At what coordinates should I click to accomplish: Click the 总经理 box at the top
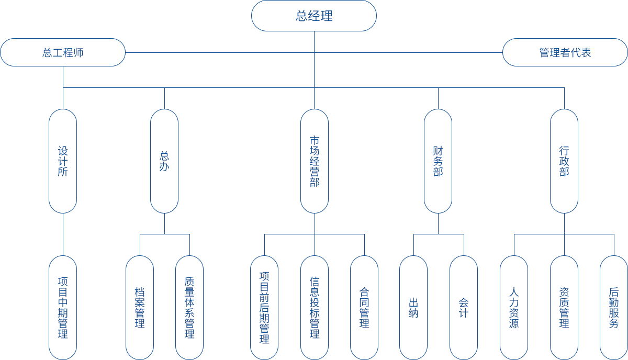click(x=314, y=16)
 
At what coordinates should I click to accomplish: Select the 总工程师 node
click(x=63, y=52)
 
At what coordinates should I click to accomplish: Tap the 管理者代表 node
click(x=565, y=52)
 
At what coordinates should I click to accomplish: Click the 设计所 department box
click(x=63, y=161)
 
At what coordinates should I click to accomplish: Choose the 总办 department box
click(x=164, y=161)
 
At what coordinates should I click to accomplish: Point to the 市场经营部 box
click(x=315, y=161)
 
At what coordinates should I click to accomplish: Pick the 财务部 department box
click(x=438, y=161)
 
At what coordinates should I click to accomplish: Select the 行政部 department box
click(x=564, y=161)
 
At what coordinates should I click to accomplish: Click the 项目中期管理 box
click(x=63, y=308)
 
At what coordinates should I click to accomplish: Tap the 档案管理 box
click(x=140, y=308)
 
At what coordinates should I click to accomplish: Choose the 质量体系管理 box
click(x=189, y=308)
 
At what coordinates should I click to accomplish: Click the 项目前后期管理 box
click(x=264, y=308)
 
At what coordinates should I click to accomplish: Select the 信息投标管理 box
click(x=315, y=308)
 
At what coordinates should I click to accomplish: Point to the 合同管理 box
click(x=364, y=308)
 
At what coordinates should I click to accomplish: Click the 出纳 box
click(x=413, y=308)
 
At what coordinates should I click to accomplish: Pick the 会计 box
click(x=464, y=308)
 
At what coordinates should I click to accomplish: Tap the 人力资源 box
click(x=514, y=308)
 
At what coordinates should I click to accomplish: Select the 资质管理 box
click(x=564, y=308)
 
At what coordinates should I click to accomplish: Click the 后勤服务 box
click(x=614, y=308)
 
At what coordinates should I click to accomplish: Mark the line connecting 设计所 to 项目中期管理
click(x=63, y=234)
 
